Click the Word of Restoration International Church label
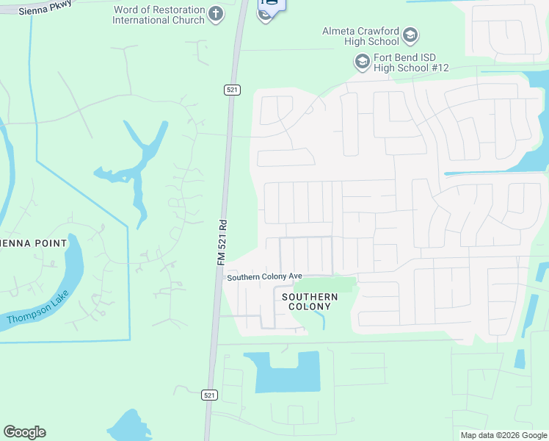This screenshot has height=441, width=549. (158, 15)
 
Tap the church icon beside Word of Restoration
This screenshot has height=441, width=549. (216, 14)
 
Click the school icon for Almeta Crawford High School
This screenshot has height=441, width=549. (410, 35)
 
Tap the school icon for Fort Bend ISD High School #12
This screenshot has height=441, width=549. (361, 62)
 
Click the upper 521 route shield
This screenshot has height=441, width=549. (232, 90)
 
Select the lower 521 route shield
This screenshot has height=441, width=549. (210, 395)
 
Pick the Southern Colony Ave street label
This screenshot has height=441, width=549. (264, 277)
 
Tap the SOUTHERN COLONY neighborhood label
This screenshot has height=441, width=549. (313, 301)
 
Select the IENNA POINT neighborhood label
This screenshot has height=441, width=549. (34, 243)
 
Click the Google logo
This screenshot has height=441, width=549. (24, 432)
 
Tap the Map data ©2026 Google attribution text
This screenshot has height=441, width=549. (503, 435)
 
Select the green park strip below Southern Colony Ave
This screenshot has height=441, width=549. (327, 284)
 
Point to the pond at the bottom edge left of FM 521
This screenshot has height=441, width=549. (128, 427)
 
